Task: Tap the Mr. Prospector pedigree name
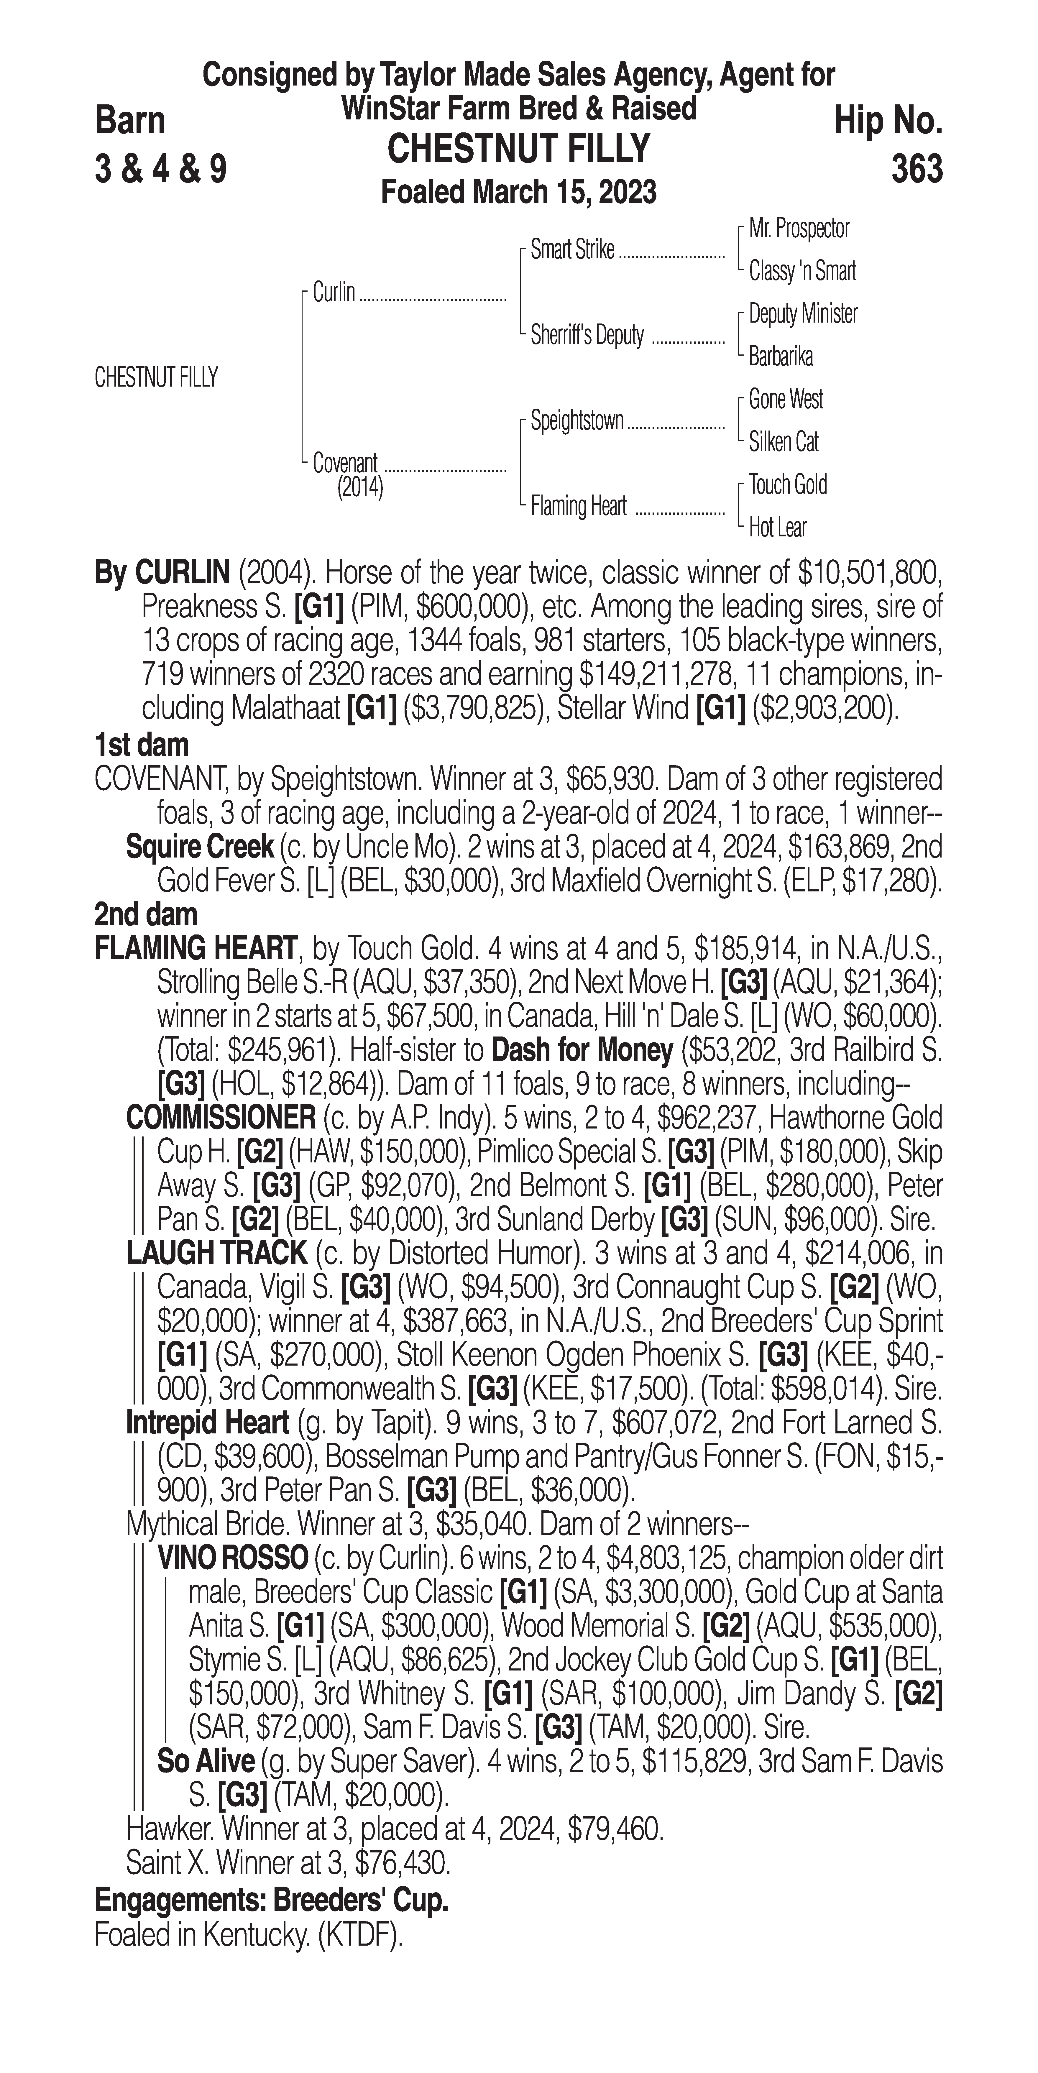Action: coord(799,229)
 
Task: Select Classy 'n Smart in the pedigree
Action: coord(802,271)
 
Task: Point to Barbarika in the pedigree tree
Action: coord(781,357)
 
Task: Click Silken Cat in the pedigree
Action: coord(784,442)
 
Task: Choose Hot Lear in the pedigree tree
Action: coord(777,528)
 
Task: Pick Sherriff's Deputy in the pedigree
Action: coord(587,336)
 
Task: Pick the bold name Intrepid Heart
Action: coord(208,1423)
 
